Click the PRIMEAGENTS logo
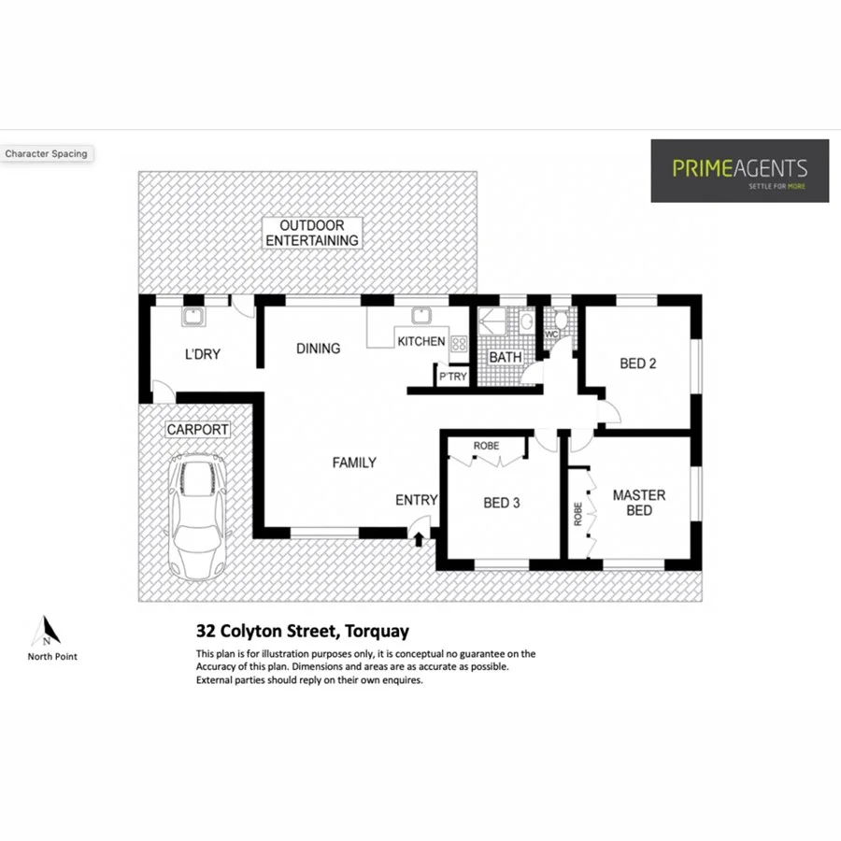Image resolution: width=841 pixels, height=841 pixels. tap(739, 170)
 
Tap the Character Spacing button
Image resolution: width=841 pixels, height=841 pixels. tap(46, 153)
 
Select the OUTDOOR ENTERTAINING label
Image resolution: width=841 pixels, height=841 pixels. tap(311, 233)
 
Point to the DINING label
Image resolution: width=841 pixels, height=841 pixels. tap(318, 349)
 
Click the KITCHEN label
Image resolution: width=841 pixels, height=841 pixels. tap(420, 341)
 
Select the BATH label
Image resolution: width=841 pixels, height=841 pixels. tap(505, 358)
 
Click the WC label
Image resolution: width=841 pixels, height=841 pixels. tap(551, 334)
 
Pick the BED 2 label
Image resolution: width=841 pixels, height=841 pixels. tap(637, 363)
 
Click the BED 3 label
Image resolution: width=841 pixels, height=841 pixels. tap(501, 503)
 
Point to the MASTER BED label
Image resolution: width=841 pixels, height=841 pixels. tap(638, 503)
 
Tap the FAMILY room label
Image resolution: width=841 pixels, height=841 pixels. tap(354, 463)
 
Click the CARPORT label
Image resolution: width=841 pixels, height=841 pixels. tap(197, 430)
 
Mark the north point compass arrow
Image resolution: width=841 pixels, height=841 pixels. tap(44, 632)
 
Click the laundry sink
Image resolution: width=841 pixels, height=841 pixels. tap(194, 317)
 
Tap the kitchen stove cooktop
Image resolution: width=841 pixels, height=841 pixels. tap(459, 343)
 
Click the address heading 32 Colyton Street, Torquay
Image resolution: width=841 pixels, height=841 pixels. tap(302, 631)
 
